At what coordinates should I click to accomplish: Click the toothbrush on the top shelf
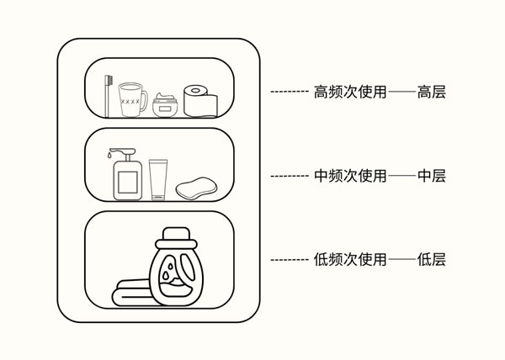tap(107, 93)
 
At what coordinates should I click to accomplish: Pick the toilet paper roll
tap(200, 100)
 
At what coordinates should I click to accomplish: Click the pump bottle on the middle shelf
tap(126, 178)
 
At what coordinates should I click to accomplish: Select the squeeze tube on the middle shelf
tap(157, 178)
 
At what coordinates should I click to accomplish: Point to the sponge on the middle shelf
tap(196, 188)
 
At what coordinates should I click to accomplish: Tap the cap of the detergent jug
tap(175, 234)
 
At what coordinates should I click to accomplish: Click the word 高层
tap(431, 91)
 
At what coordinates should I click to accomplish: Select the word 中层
tap(431, 176)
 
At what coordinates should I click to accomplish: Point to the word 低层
tap(431, 260)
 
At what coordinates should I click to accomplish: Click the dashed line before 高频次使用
tap(289, 91)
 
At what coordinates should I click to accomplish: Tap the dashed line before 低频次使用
tap(289, 260)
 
